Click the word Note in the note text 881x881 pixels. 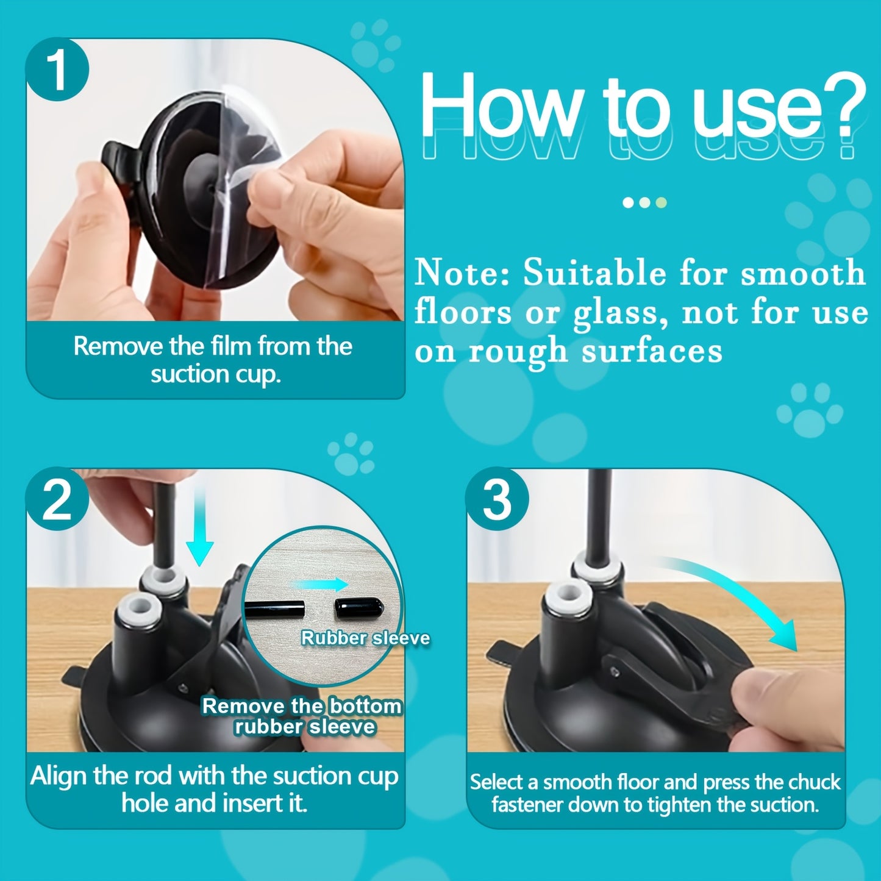[x=462, y=273]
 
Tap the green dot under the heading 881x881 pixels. [x=662, y=202]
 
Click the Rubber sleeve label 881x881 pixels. [x=365, y=638]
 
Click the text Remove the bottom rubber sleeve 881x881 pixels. [x=303, y=716]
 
